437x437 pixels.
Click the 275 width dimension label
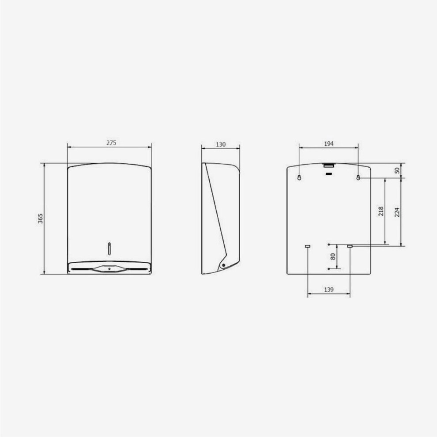pos(111,143)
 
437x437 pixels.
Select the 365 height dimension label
pos(41,218)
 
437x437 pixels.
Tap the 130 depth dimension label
pos(220,144)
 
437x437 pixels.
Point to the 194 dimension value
pos(329,143)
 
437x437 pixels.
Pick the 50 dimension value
pos(397,170)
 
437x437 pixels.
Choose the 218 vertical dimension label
pos(380,211)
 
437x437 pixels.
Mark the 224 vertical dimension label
pos(397,212)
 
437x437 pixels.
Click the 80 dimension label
pos(333,256)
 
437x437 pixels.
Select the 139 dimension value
pos(329,290)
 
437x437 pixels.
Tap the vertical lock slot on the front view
pos(109,249)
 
